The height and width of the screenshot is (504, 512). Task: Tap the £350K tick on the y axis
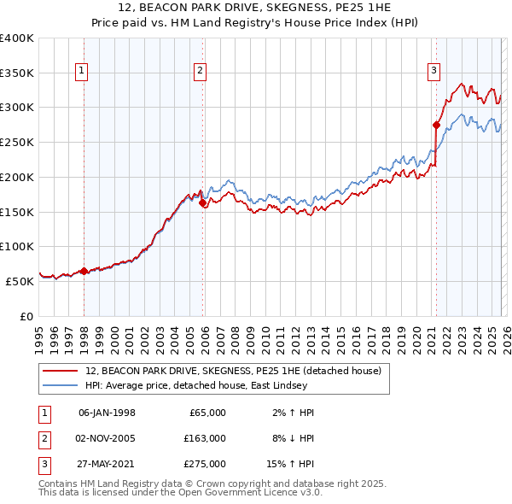pos(17,73)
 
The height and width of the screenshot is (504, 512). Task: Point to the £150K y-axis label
pos(17,211)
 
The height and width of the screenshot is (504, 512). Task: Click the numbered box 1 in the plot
pos(83,71)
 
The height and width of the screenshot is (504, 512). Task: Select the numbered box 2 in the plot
pos(200,71)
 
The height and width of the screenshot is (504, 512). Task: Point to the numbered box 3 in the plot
pos(433,71)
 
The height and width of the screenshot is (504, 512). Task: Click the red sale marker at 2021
pos(436,125)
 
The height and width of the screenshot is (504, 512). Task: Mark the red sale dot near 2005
pos(202,203)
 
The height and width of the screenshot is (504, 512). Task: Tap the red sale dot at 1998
pos(84,271)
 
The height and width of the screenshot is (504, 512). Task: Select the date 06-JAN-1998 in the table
pos(107,413)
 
